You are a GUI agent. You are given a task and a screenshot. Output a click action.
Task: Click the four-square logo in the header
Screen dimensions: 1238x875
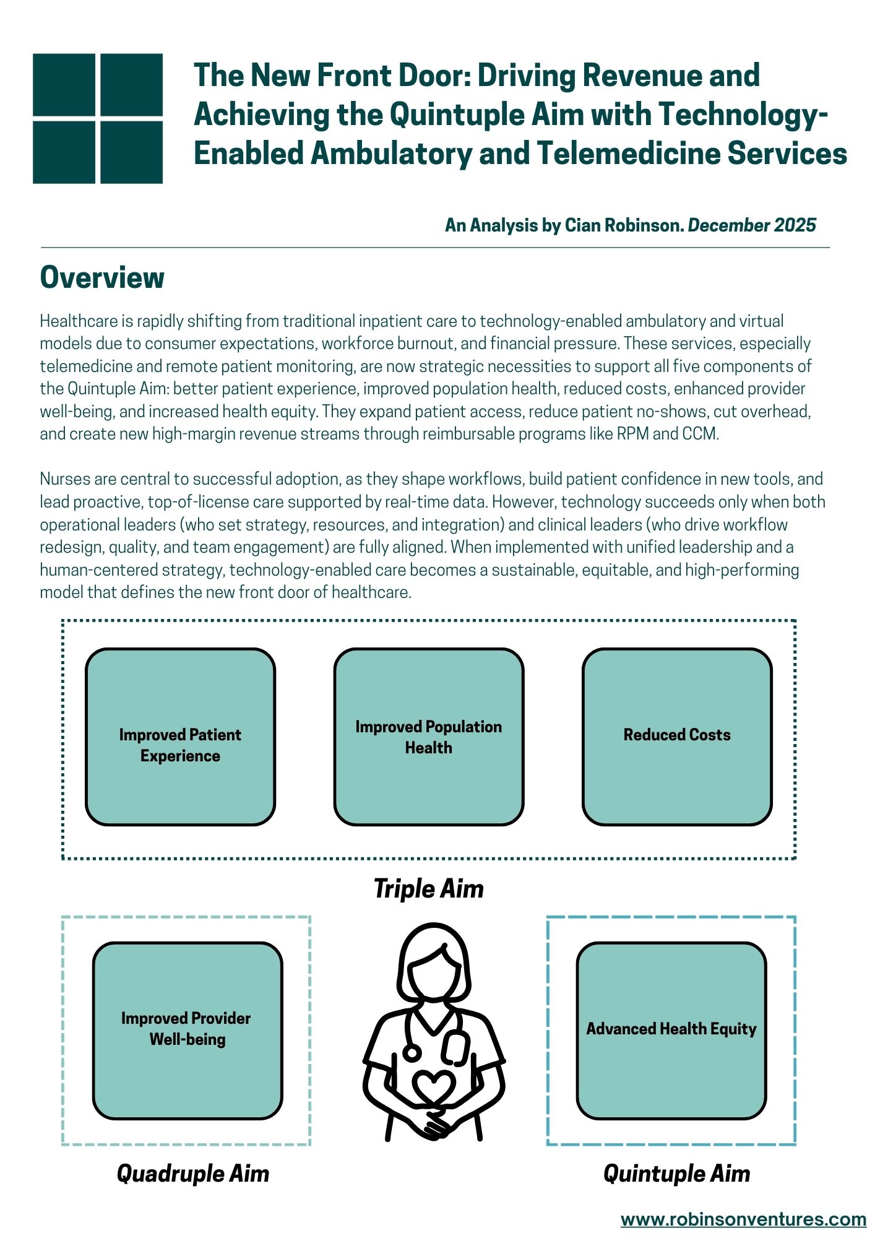(x=98, y=118)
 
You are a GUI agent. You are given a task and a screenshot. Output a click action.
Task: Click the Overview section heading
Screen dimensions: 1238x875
(x=102, y=277)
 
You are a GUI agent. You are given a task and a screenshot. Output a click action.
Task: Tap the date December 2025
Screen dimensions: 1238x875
(x=752, y=225)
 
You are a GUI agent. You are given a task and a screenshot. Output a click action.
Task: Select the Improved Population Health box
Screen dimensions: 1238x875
(x=429, y=737)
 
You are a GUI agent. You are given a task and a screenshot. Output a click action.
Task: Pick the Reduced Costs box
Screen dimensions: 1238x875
(x=677, y=737)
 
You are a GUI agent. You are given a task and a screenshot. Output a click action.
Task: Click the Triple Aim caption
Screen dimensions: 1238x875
(x=429, y=889)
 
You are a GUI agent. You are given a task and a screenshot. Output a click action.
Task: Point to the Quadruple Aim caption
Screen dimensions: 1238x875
(x=193, y=1174)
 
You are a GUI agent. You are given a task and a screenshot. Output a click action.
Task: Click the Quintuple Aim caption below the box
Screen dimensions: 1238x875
(x=676, y=1174)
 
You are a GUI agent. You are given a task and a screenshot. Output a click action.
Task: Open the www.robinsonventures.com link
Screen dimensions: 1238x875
(x=743, y=1219)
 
